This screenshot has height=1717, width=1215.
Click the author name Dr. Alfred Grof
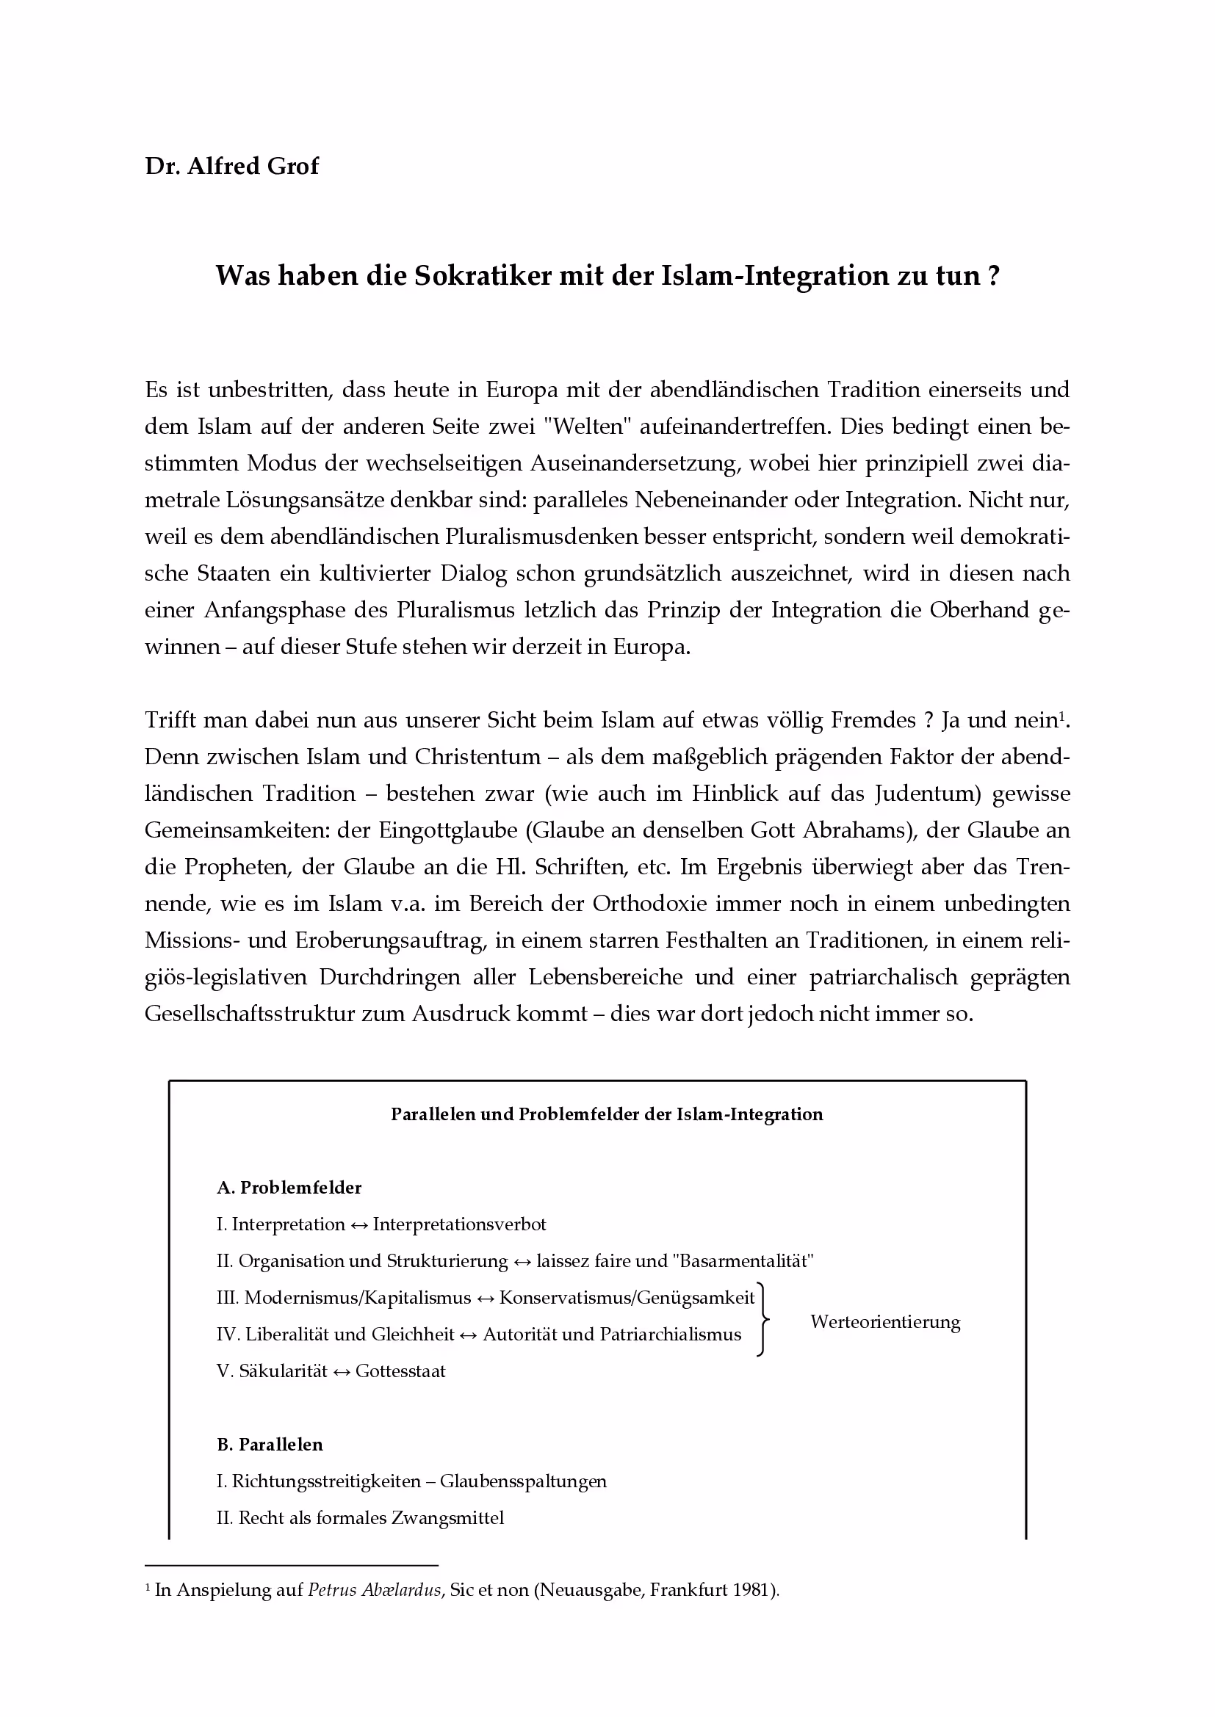tap(231, 166)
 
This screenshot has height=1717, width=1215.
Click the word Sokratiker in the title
tap(485, 276)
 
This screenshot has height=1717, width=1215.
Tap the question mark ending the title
tap(994, 276)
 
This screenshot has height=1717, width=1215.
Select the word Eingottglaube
tap(448, 831)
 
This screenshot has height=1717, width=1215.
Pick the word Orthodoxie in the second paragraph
tap(649, 904)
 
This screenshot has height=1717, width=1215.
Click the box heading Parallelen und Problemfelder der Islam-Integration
tap(607, 1114)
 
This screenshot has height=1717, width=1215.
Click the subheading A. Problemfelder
tap(289, 1188)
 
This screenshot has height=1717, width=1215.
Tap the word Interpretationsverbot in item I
tap(459, 1224)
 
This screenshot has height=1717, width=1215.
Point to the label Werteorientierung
tap(885, 1322)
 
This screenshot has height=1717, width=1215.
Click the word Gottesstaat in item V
tap(400, 1371)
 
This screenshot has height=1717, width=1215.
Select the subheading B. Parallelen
tap(270, 1444)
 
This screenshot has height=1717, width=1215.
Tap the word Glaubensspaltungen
tap(523, 1481)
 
